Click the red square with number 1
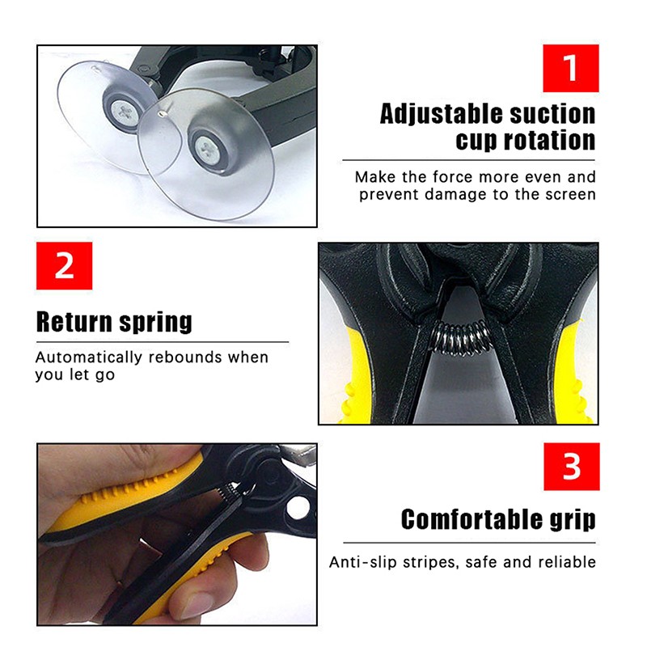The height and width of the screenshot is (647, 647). [571, 68]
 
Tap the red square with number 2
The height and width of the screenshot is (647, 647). [64, 265]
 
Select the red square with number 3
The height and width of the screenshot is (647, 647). [571, 467]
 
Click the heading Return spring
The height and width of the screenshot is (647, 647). [114, 321]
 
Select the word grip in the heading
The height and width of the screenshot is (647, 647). [571, 520]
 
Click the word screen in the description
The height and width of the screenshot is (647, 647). [568, 194]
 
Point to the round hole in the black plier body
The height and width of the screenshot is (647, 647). [298, 507]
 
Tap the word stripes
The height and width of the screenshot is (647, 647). [431, 562]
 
